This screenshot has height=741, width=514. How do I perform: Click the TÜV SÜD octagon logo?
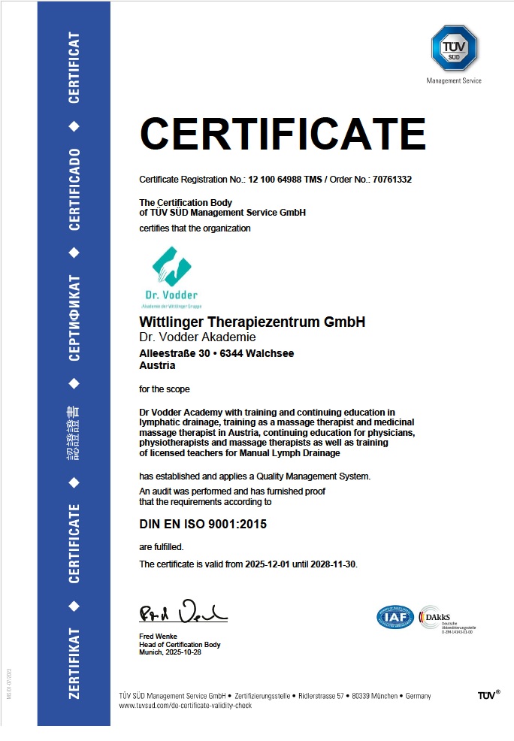click(454, 48)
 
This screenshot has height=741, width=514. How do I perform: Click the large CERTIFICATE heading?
click(283, 135)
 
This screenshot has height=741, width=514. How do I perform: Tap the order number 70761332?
click(388, 180)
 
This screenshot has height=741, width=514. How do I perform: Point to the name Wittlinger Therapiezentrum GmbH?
click(252, 322)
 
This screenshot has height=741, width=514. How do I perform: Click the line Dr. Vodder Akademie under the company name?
click(198, 337)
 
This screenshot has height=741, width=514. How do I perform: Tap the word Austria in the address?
click(157, 366)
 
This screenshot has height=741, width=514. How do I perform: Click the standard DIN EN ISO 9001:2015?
click(203, 524)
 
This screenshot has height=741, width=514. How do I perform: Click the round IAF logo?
click(395, 617)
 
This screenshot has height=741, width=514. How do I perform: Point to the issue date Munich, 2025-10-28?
click(170, 652)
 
